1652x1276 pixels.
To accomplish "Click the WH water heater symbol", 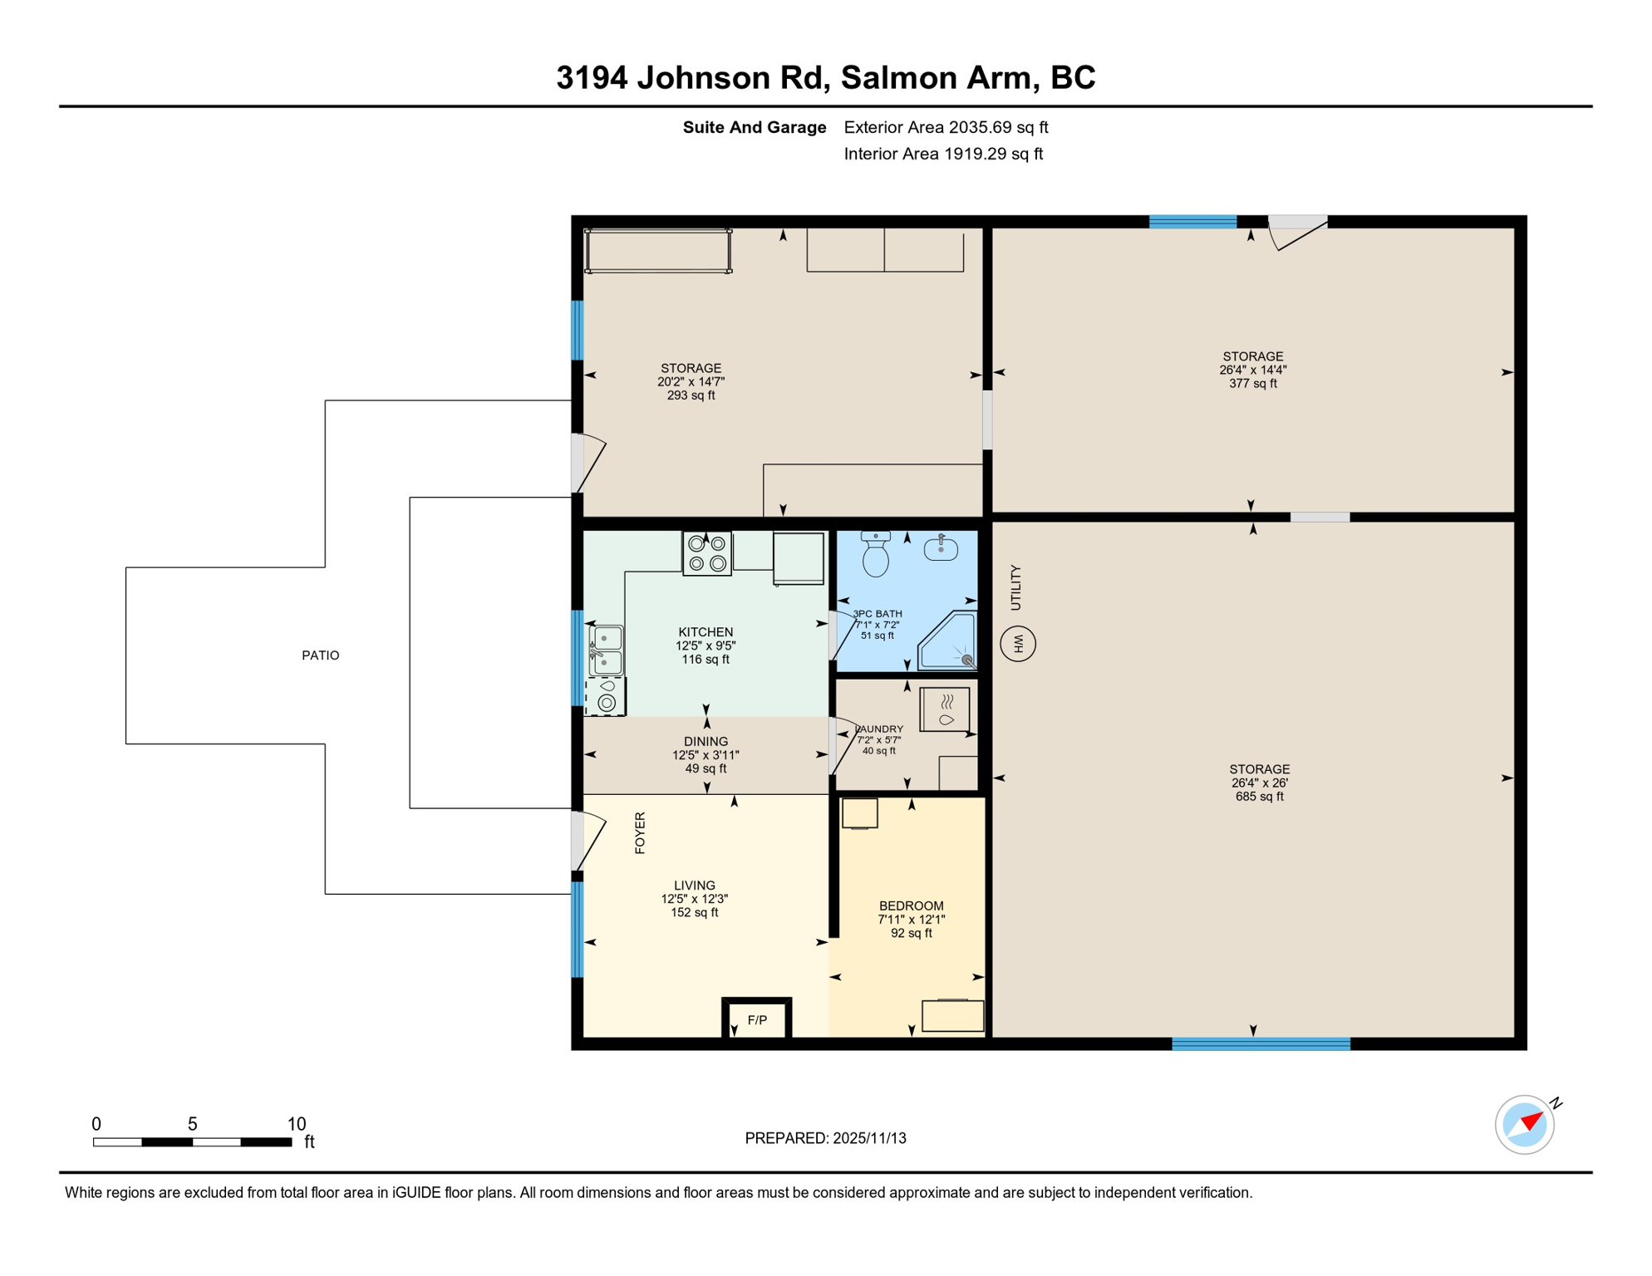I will point(1018,644).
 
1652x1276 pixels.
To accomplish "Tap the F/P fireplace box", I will point(757,1019).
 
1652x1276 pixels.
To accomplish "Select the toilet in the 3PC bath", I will point(876,555).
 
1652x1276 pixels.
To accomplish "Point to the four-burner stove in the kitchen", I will point(707,554).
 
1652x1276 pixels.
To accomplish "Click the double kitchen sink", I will point(607,650).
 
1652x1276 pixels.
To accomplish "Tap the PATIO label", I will point(320,655).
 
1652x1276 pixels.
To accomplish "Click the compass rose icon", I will point(1525,1125).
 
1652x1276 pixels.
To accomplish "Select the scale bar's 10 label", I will point(297,1124).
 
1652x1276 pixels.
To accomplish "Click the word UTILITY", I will point(1015,587).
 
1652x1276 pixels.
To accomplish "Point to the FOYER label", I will point(640,832).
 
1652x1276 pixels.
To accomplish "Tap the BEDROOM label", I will point(911,905).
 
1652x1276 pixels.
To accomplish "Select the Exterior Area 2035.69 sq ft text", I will point(946,127).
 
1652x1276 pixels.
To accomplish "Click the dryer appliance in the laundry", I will point(945,709).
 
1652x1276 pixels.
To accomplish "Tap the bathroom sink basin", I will point(941,549).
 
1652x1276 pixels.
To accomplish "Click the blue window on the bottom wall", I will point(1261,1044).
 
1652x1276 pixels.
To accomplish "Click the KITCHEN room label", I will point(706,632).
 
